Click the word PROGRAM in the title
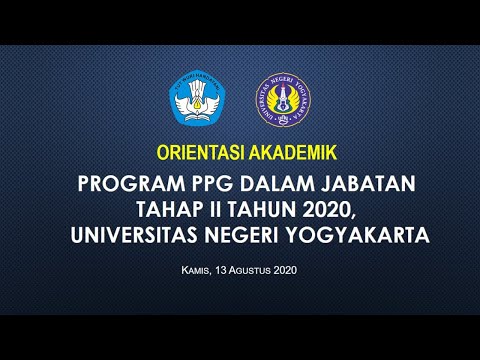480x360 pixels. (x=125, y=185)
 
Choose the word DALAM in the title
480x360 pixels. (x=261, y=185)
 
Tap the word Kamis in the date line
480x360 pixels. (x=198, y=270)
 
